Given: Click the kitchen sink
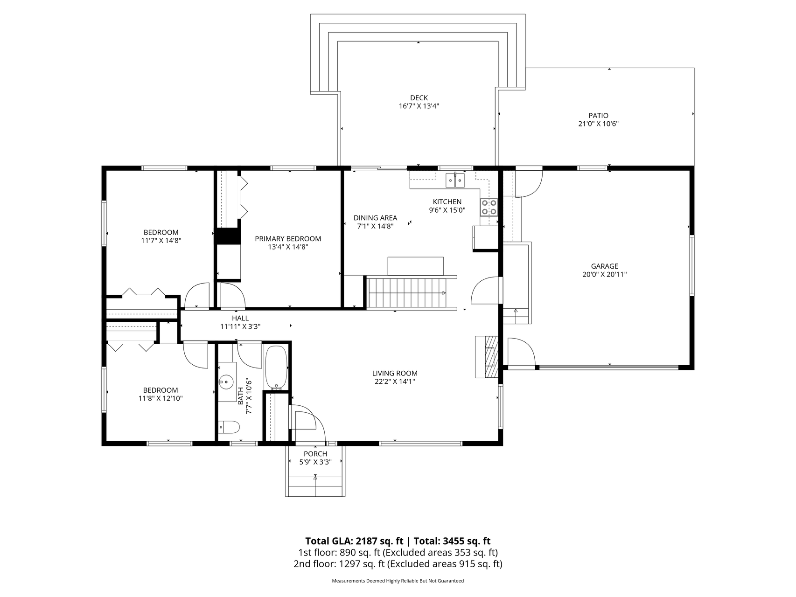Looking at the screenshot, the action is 455,180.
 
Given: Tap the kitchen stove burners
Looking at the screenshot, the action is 489,207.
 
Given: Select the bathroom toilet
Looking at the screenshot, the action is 229,427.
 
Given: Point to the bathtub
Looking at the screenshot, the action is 277,367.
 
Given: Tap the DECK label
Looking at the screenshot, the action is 419,98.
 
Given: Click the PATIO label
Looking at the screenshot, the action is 598,116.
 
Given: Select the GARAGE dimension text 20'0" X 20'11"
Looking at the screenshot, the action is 604,275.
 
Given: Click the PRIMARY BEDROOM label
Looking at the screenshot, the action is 288,239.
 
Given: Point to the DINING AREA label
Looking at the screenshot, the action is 375,218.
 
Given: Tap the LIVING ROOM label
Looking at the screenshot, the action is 395,373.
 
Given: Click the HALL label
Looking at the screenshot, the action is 240,318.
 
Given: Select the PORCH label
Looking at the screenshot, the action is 315,454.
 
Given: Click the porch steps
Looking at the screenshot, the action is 315,486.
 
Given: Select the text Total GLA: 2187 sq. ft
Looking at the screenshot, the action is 354,541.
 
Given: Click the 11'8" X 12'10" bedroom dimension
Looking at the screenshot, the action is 161,399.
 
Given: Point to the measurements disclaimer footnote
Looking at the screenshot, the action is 398,581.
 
